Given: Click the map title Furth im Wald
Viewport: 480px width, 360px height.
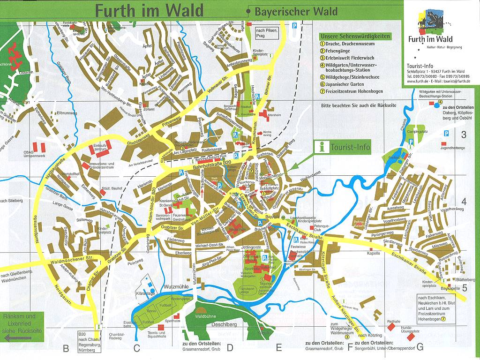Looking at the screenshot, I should [x=149, y=10].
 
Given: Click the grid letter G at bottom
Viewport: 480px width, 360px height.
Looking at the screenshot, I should [x=420, y=347].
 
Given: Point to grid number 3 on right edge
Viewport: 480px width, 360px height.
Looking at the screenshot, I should [x=464, y=135].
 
